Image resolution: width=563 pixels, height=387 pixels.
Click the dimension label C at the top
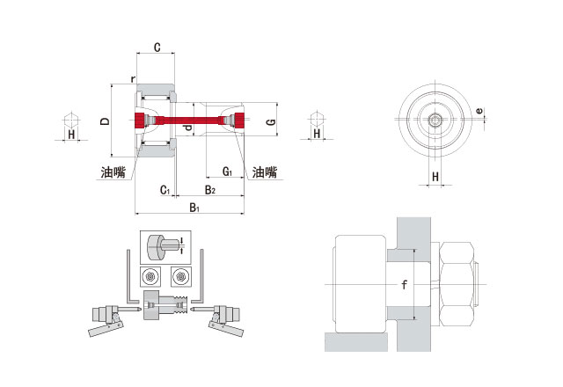[x=157, y=47]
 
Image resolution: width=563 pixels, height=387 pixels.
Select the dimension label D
[x=105, y=121]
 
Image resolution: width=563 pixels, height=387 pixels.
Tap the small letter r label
[x=133, y=79]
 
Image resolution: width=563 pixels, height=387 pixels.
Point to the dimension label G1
[x=227, y=172]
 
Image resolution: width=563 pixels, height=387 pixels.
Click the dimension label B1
[x=194, y=208]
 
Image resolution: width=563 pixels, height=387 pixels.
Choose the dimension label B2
[x=209, y=190]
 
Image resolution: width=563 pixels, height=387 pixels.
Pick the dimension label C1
[x=165, y=190]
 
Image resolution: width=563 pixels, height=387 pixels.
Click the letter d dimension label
[x=188, y=128]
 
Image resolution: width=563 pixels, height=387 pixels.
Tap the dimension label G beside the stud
[x=272, y=121]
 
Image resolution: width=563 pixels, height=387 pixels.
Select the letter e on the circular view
[x=479, y=111]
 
